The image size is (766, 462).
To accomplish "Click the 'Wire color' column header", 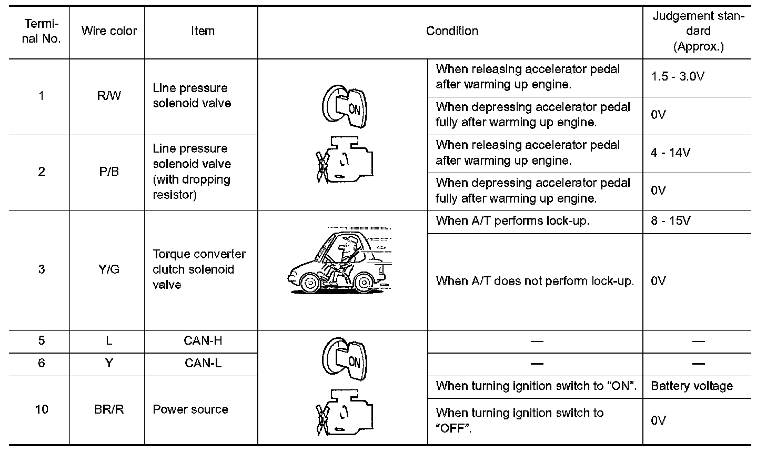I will point(109,31).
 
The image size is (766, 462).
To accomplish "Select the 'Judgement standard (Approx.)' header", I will point(698,31).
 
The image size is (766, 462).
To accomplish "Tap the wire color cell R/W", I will point(109,96).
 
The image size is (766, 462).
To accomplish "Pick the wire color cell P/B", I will point(109,172).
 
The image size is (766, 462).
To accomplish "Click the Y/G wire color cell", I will point(109,269).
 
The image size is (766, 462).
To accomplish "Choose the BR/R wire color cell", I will point(109,409).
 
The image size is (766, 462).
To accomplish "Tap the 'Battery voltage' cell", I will point(692,386).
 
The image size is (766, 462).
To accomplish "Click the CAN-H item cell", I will point(203,340).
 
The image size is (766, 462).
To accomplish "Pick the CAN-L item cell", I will point(203,363).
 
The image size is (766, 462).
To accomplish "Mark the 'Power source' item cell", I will point(190,409).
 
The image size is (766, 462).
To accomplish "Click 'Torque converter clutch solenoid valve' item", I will point(199,269).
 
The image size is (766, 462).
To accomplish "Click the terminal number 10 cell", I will point(42,409).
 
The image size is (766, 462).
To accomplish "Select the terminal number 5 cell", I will point(42,340).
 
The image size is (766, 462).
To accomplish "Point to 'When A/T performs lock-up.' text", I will point(512,220).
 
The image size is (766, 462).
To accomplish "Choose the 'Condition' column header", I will point(452,31).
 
